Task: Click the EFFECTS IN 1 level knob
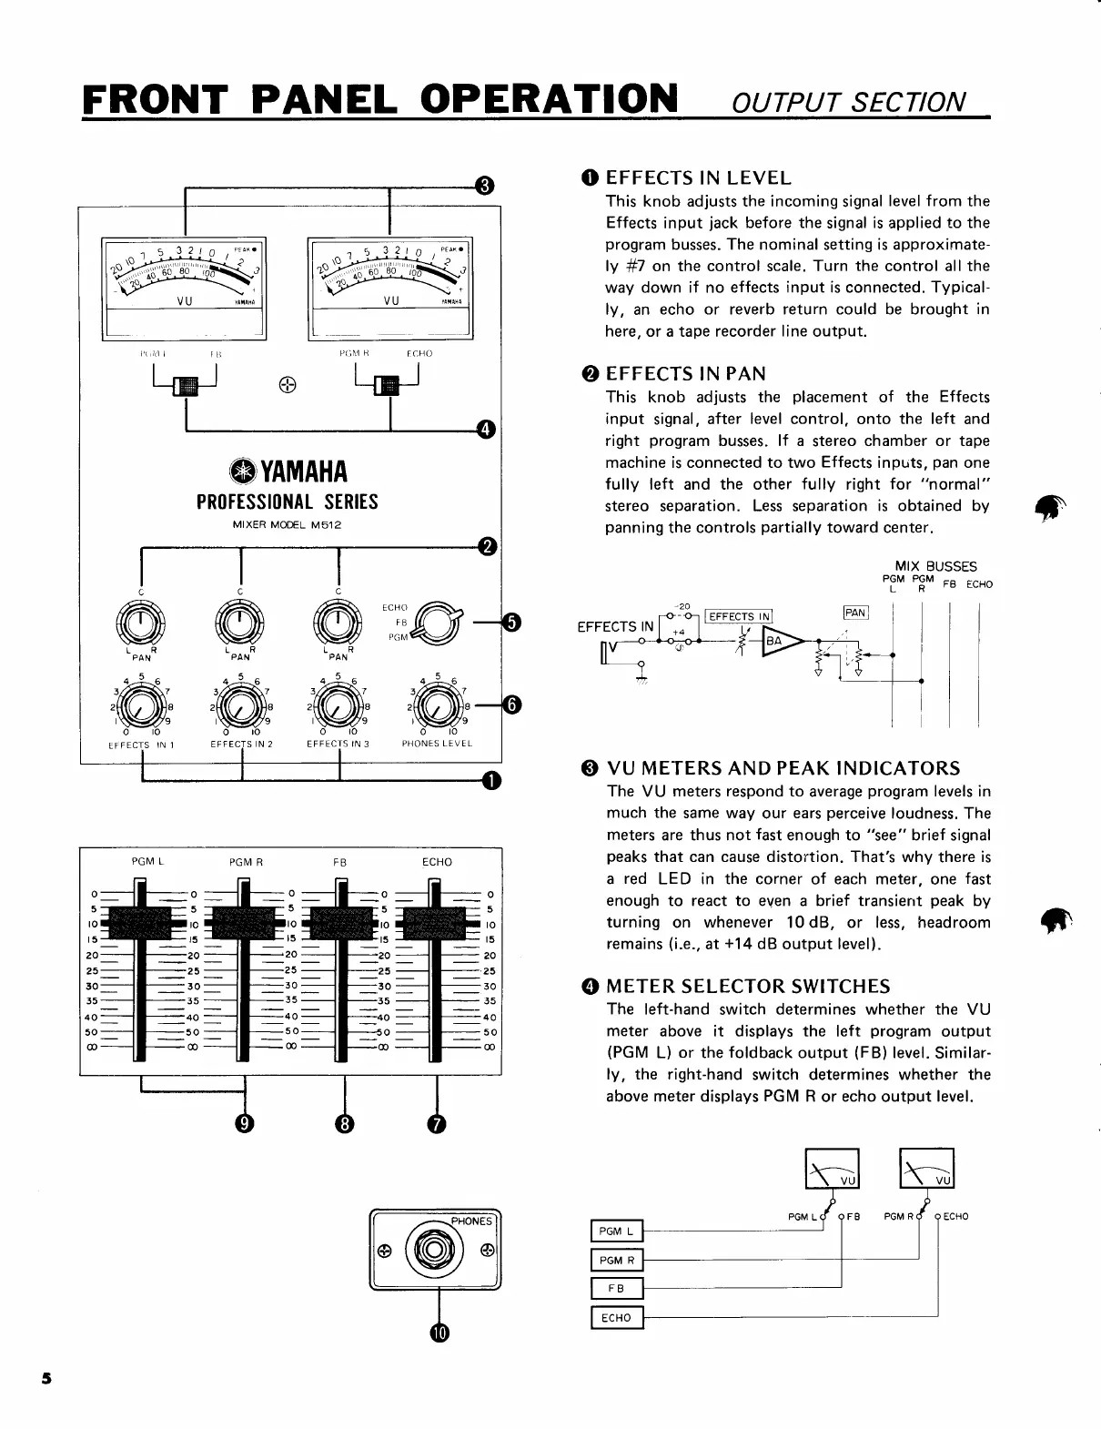click(x=141, y=704)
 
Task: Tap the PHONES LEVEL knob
click(x=437, y=704)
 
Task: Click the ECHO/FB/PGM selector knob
click(x=437, y=623)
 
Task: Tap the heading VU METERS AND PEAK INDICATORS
click(x=783, y=767)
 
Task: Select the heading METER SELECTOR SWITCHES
click(x=748, y=986)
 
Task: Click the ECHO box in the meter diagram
click(x=617, y=1317)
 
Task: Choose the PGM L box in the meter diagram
click(x=617, y=1231)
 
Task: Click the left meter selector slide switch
click(x=187, y=385)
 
